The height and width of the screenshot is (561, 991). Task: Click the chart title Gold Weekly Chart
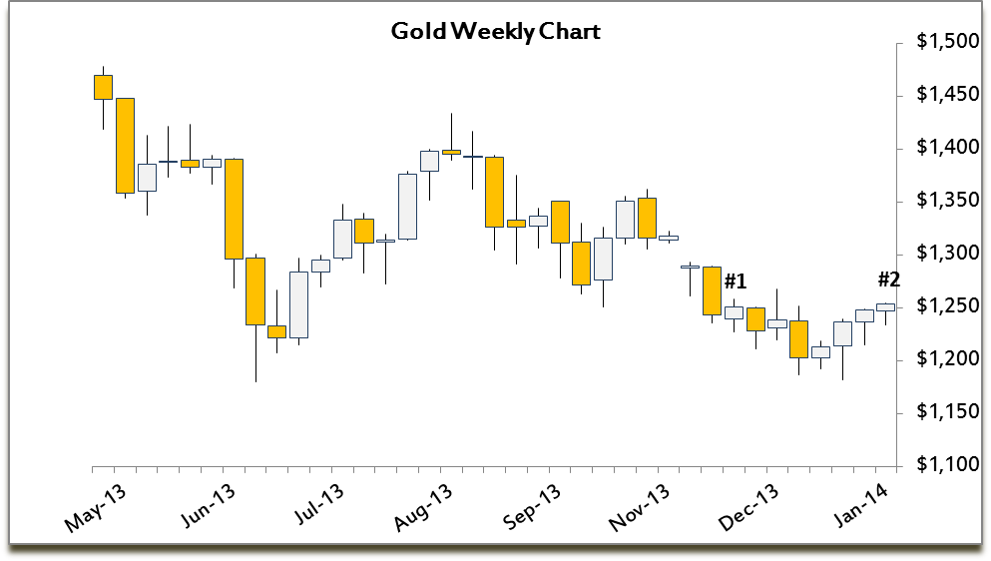pos(495,32)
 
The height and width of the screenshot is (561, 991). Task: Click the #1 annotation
pos(736,280)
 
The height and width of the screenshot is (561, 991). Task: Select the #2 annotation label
pos(888,280)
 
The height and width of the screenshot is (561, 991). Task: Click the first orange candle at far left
pos(103,87)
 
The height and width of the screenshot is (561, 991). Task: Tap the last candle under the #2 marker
pos(886,307)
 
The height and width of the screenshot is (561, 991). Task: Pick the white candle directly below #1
pos(734,312)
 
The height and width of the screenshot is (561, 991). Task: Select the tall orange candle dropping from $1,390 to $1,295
pos(235,209)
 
